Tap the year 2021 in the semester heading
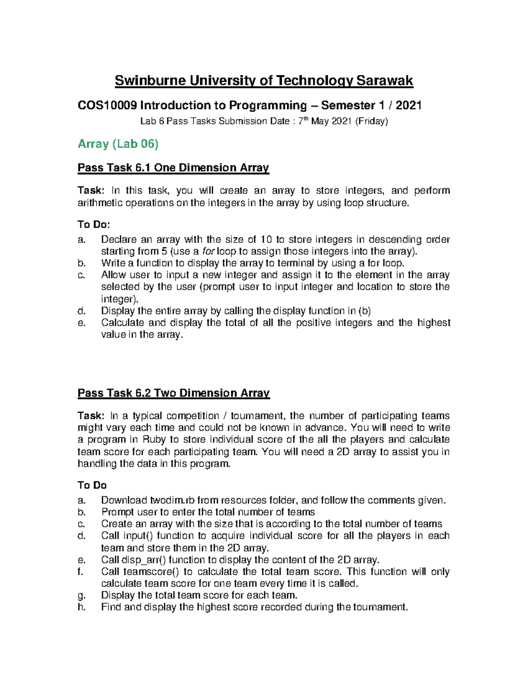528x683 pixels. [409, 106]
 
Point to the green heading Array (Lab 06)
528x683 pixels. [118, 144]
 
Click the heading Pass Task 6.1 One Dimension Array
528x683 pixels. [173, 168]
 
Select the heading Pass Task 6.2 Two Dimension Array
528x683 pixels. [173, 393]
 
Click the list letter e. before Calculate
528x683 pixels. [81, 323]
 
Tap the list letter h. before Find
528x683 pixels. [81, 607]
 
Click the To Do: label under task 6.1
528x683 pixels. [94, 225]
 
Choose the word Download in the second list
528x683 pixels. [124, 500]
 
